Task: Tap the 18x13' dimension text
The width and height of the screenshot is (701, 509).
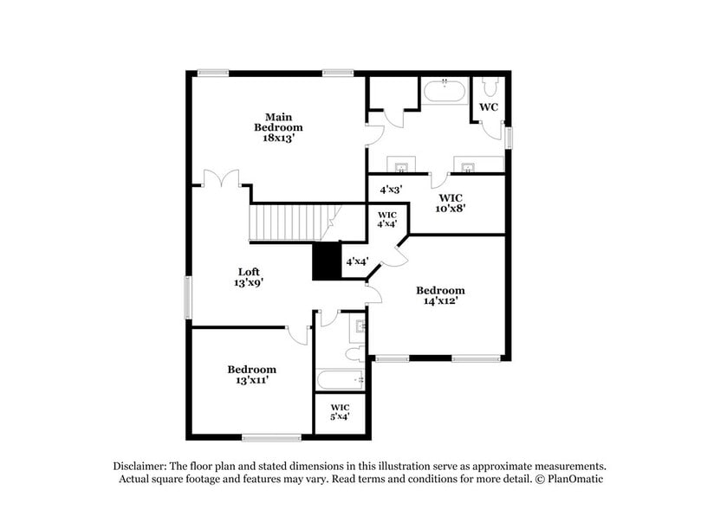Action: (x=278, y=137)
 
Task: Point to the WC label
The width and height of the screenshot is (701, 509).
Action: (x=488, y=107)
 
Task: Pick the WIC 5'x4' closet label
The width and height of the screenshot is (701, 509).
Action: (x=339, y=411)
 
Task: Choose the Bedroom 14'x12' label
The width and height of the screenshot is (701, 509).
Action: (x=440, y=295)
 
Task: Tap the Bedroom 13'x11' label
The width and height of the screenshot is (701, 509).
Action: (x=252, y=374)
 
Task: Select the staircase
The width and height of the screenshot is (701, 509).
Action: (x=290, y=222)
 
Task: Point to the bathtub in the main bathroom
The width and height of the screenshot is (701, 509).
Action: (x=445, y=92)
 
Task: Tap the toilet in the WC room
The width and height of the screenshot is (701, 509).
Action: (x=490, y=87)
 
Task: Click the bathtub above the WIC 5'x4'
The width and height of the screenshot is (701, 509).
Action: (x=340, y=380)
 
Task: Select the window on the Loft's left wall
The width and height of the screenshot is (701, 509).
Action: (x=187, y=299)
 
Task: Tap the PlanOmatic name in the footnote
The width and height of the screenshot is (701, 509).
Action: (x=573, y=479)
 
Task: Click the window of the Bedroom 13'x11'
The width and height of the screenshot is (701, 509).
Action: (x=271, y=436)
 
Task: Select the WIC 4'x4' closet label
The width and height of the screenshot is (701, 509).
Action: (x=386, y=219)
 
